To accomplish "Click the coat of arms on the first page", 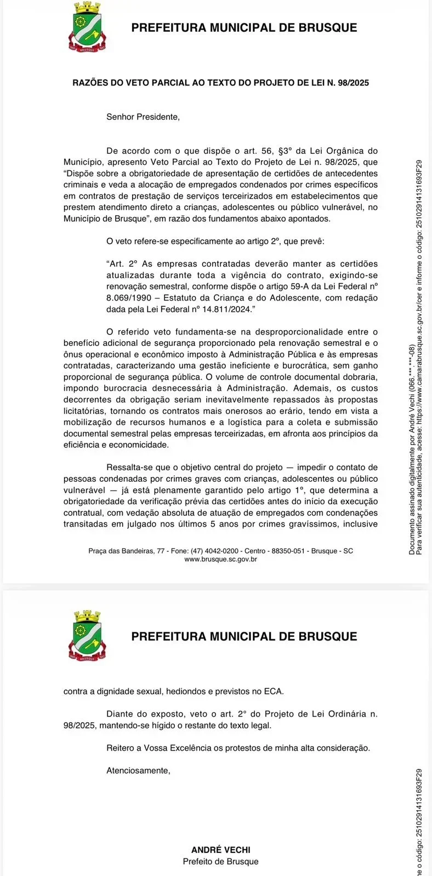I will pyautogui.click(x=87, y=27).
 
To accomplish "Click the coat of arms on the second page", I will pyautogui.click(x=87, y=635).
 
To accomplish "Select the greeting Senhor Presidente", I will pyautogui.click(x=143, y=117).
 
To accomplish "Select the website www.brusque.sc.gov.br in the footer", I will pyautogui.click(x=220, y=559).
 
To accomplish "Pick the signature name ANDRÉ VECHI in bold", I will pyautogui.click(x=220, y=850).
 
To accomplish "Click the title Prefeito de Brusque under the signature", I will pyautogui.click(x=220, y=861).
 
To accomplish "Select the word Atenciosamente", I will pyautogui.click(x=138, y=770).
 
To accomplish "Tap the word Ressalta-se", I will pyautogui.click(x=130, y=467).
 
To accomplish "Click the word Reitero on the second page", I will pyautogui.click(x=121, y=747).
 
